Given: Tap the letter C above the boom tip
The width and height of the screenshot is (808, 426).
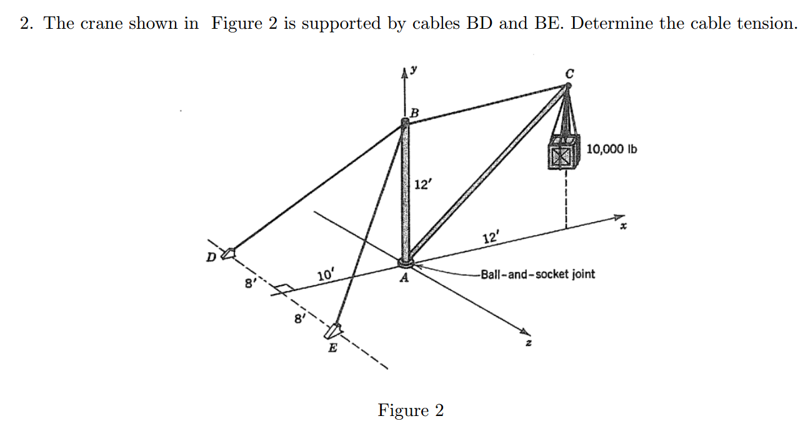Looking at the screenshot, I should [568, 73].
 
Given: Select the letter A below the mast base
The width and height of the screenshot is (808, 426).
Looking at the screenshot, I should [405, 279].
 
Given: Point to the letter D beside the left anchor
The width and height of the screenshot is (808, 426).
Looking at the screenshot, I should [211, 256].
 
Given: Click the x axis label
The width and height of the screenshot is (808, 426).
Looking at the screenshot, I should [622, 230].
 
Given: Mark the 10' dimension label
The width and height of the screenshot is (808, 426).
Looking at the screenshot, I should [326, 275].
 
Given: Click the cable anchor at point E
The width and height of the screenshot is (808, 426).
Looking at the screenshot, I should [336, 329].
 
